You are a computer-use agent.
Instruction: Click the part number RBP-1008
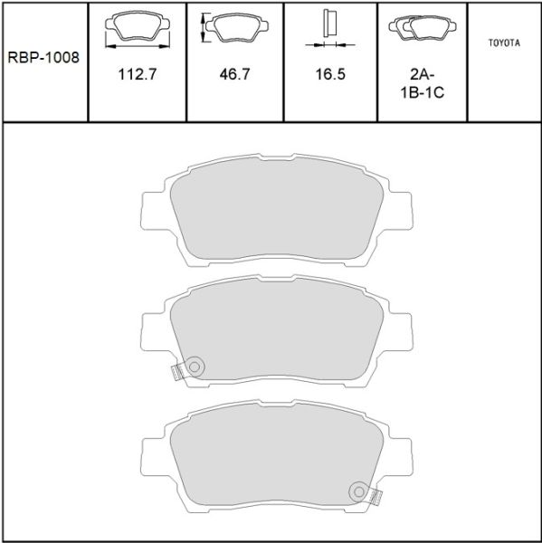pos(43,58)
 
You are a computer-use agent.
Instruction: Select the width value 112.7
pos(138,74)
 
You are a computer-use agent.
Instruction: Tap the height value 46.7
pos(234,74)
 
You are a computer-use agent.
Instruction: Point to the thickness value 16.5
pos(330,74)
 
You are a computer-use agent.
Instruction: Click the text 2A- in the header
pos(423,74)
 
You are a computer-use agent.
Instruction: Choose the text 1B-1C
pos(423,92)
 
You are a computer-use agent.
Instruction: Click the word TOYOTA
pos(504,43)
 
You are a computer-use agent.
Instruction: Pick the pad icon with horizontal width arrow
pos(138,29)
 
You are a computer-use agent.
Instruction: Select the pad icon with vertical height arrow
pos(234,28)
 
